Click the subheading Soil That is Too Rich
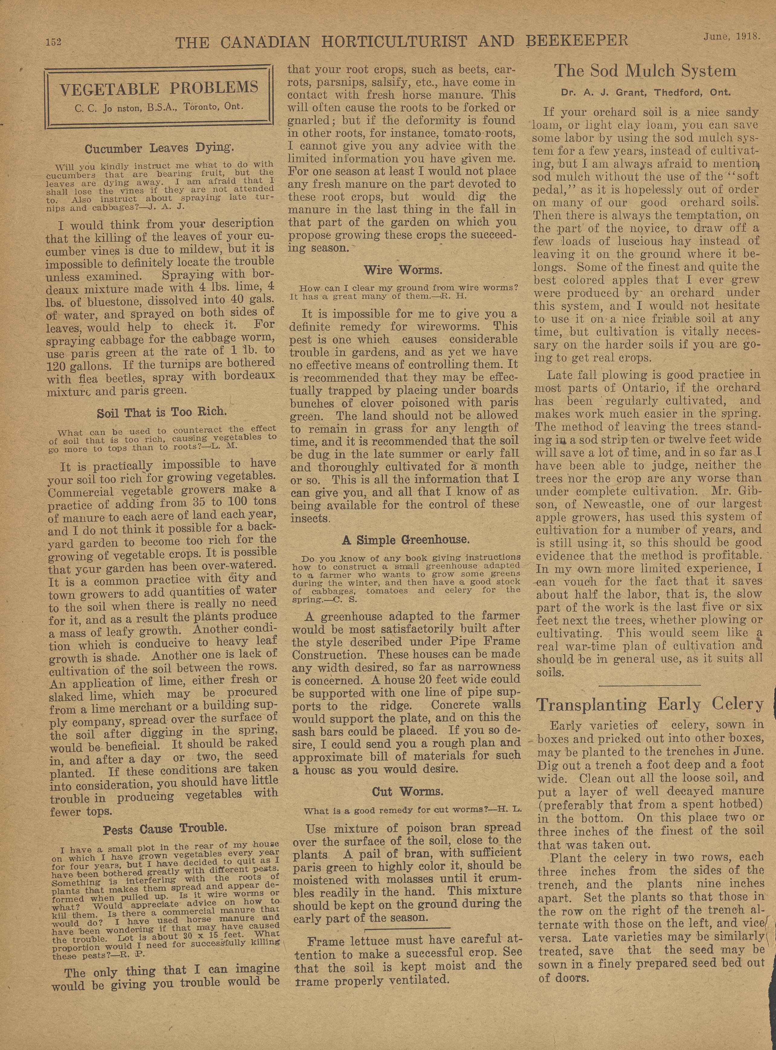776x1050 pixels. coord(162,413)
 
